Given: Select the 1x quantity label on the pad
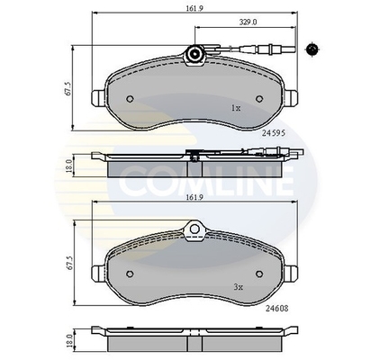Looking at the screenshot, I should (x=236, y=107).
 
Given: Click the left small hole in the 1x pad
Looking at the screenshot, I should (x=131, y=99).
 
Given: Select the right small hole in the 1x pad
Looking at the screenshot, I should (x=254, y=99).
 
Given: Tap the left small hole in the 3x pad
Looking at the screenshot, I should (x=131, y=274).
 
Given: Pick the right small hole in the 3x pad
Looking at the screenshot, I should (x=254, y=274).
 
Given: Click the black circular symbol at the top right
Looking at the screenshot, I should (x=312, y=46).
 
